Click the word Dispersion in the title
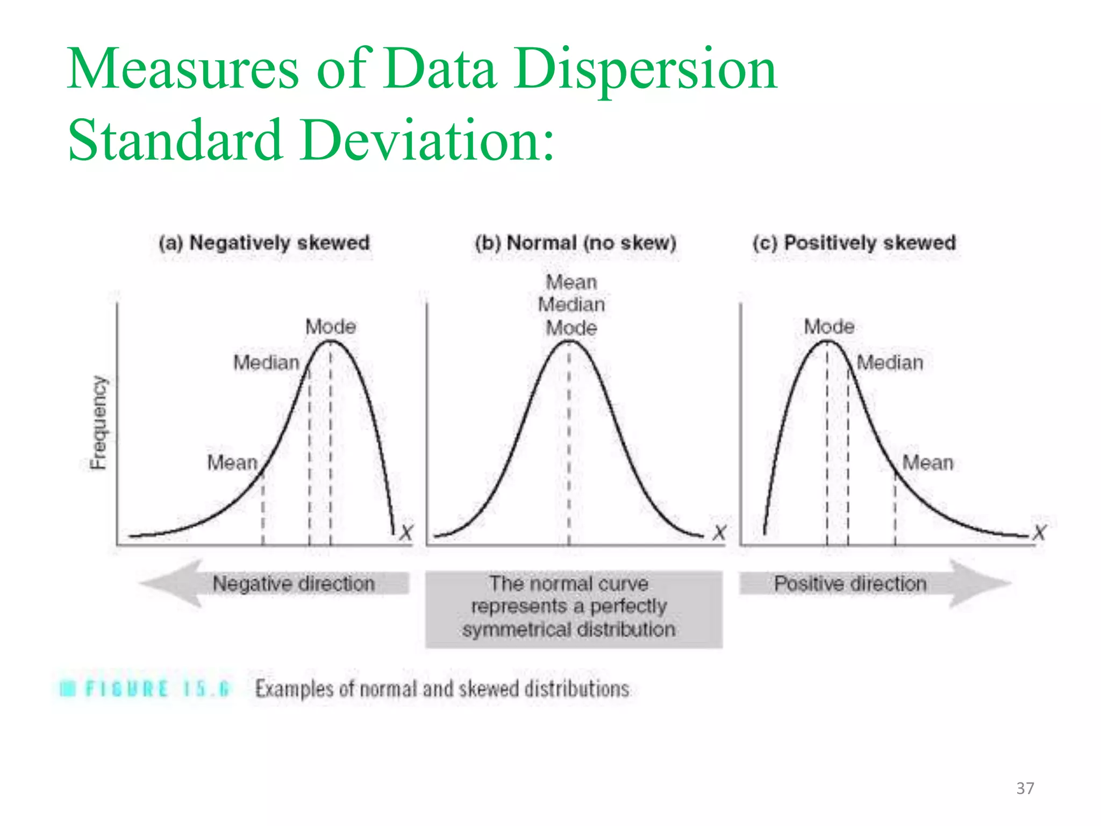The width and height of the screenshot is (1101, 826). (645, 70)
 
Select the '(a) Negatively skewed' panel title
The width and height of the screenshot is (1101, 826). (264, 243)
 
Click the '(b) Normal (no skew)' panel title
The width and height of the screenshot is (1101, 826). (575, 243)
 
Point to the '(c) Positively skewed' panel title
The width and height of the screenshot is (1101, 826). (854, 243)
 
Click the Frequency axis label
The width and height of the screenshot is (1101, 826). (99, 422)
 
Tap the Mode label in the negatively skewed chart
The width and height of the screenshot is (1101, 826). (331, 326)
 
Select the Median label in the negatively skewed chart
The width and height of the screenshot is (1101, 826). (266, 362)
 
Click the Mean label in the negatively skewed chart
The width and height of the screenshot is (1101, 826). (232, 462)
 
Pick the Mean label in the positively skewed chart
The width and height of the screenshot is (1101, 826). (928, 462)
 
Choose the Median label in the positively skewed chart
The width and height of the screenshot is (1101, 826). (890, 362)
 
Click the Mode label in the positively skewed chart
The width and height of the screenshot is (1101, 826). (829, 326)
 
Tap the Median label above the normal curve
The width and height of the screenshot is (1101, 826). (571, 305)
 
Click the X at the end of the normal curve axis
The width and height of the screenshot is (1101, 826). (719, 533)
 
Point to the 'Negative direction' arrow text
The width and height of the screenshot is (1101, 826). (294, 583)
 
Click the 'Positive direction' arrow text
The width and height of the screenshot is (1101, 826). (850, 583)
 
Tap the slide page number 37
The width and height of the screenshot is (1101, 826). (1025, 788)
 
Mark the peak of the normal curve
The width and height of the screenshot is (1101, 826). (569, 341)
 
